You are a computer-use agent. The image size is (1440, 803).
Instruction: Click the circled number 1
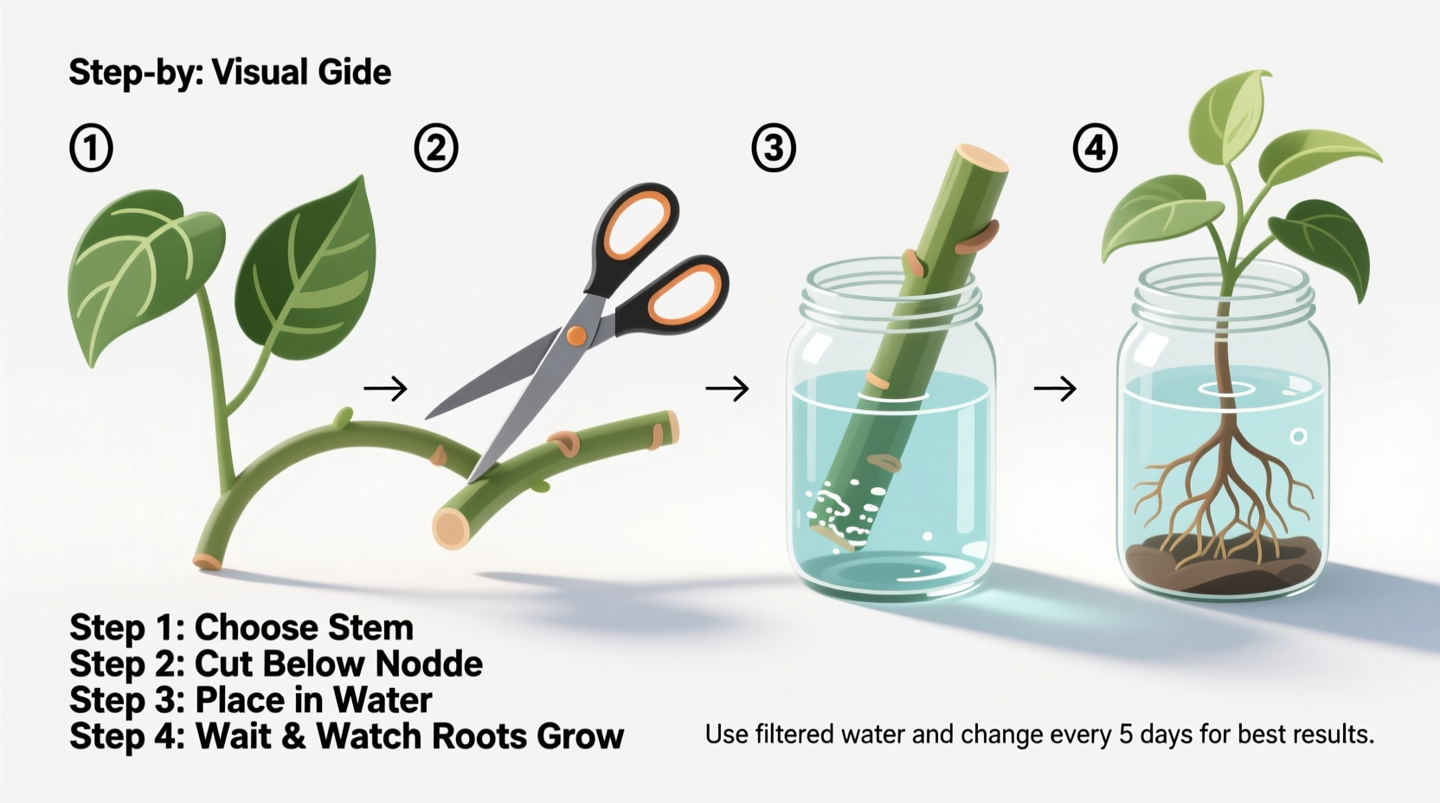(x=91, y=149)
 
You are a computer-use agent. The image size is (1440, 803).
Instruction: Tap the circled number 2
(x=435, y=149)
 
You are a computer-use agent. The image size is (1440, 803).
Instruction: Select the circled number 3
(x=773, y=149)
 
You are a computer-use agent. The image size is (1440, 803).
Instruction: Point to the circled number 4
(x=1095, y=149)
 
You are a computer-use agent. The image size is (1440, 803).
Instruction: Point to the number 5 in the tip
(x=1125, y=735)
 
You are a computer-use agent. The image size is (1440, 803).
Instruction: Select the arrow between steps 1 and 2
(x=385, y=389)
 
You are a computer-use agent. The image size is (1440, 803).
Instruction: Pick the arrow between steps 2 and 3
(x=727, y=389)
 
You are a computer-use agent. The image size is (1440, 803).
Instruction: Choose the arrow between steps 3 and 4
(x=1055, y=389)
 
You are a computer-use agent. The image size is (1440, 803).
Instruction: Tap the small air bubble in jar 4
(x=1298, y=436)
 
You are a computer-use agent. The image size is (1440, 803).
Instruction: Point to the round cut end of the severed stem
(x=450, y=527)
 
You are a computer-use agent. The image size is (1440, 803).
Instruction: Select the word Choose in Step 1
(x=256, y=627)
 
